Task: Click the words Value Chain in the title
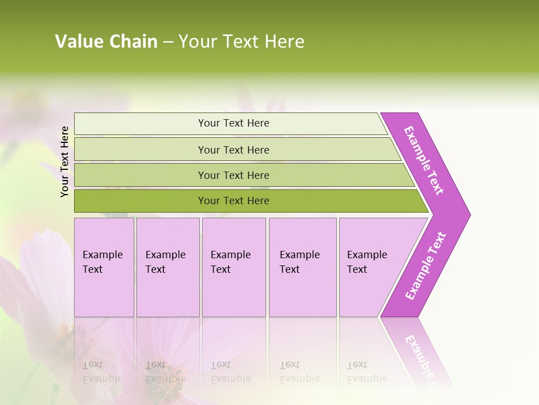[x=106, y=42]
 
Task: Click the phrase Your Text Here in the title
[x=241, y=42]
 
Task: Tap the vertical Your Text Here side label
[x=65, y=161]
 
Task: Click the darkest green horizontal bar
[x=140, y=201]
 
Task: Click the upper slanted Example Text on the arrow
[x=424, y=160]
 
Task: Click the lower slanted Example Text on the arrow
[x=426, y=265]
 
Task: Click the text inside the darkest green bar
[x=234, y=201]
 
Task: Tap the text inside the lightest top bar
[x=234, y=123]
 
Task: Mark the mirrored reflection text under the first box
[x=103, y=372]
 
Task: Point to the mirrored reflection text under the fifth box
[x=367, y=372]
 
